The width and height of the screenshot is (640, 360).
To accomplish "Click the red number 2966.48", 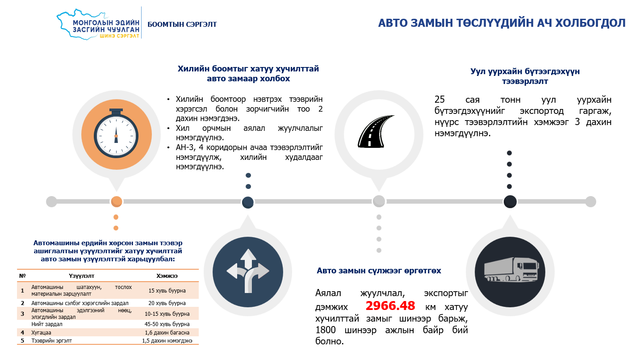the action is pyautogui.click(x=390, y=306).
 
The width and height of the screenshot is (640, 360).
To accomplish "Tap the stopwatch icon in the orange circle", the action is pyautogui.click(x=116, y=133).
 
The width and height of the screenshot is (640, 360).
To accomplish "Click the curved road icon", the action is pyautogui.click(x=376, y=131).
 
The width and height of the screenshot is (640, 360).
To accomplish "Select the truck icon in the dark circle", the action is pyautogui.click(x=511, y=270).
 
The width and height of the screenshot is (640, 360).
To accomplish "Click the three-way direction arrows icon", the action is pyautogui.click(x=248, y=271).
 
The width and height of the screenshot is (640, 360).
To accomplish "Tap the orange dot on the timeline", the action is pyautogui.click(x=116, y=201).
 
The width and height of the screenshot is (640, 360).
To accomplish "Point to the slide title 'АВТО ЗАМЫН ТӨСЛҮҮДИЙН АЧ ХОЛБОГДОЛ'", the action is pyautogui.click(x=502, y=23).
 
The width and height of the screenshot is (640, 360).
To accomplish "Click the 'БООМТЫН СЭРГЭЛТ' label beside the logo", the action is pyautogui.click(x=182, y=25).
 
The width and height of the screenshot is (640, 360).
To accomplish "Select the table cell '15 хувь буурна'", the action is pyautogui.click(x=167, y=291).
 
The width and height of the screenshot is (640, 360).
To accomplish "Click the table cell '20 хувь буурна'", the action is pyautogui.click(x=167, y=303).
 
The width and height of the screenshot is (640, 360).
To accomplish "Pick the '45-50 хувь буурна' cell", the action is pyautogui.click(x=167, y=324).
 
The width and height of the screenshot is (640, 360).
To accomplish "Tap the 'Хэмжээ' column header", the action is pyautogui.click(x=167, y=276).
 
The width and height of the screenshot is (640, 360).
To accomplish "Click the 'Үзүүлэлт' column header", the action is pyautogui.click(x=81, y=276).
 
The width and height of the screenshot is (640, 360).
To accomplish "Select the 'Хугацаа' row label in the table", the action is pyautogui.click(x=41, y=333).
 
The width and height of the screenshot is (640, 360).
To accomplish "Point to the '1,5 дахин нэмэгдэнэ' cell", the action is pyautogui.click(x=167, y=341).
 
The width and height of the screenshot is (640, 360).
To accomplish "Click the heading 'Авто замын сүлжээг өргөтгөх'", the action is pyautogui.click(x=379, y=271).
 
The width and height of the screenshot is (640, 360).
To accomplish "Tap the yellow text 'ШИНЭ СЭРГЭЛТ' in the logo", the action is pyautogui.click(x=119, y=36).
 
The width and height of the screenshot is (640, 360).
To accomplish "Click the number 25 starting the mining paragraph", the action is pyautogui.click(x=440, y=100).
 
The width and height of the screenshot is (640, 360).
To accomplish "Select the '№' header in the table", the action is pyautogui.click(x=22, y=276).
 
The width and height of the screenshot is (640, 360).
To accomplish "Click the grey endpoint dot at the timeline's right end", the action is pyautogui.click(x=590, y=201).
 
